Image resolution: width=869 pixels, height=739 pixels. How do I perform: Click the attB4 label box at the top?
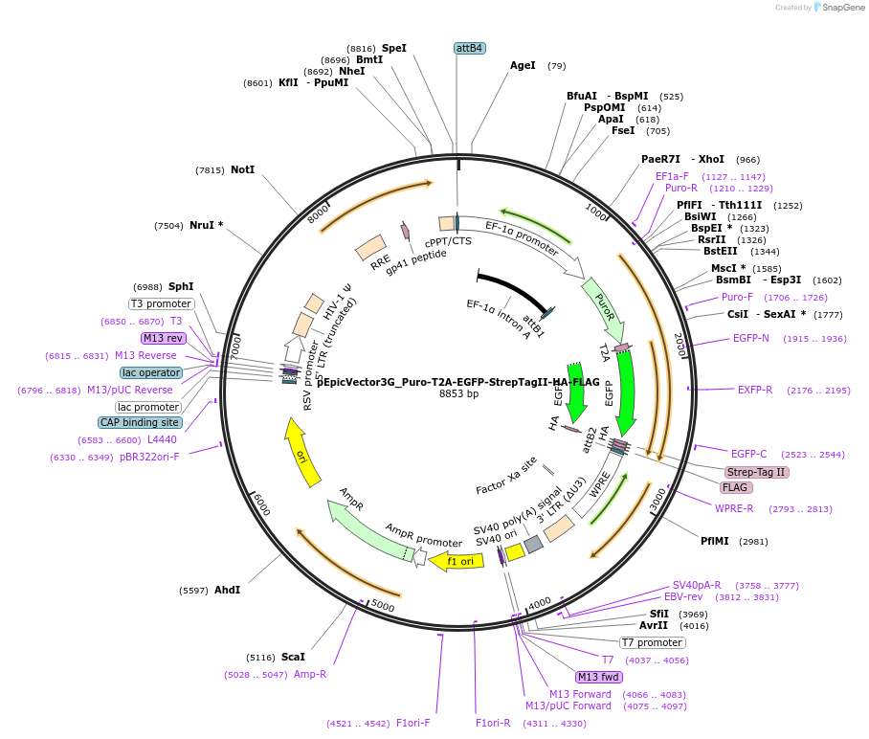(469, 48)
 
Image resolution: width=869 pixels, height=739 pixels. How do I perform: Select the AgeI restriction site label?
(523, 66)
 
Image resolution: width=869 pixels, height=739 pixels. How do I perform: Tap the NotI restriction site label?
(242, 169)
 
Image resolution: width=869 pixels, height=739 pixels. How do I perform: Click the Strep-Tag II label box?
(756, 472)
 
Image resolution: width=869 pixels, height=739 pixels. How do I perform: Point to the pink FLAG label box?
(735, 487)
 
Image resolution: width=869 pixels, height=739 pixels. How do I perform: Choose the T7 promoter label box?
(653, 642)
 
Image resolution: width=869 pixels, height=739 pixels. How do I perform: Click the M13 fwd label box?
(599, 677)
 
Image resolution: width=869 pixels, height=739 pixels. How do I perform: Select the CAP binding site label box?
(139, 422)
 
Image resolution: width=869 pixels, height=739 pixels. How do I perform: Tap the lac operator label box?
(151, 372)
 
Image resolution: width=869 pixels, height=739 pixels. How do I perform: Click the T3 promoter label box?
(162, 303)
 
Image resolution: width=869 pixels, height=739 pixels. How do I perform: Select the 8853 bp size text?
(458, 393)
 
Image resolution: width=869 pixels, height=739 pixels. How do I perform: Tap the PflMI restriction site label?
(715, 541)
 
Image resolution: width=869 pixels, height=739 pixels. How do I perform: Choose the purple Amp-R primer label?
(309, 675)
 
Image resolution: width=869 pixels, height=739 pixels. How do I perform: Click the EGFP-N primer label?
(751, 339)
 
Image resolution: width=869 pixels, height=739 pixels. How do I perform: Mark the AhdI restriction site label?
(227, 590)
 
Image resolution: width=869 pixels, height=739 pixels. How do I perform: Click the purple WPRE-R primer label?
(734, 509)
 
